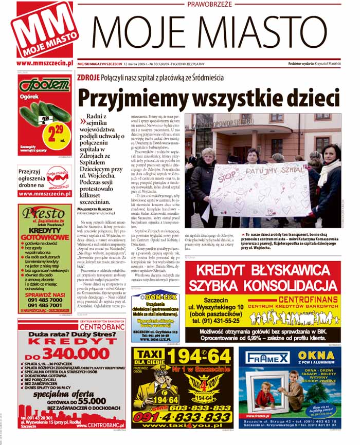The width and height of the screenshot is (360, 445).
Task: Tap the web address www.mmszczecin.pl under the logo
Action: coord(45,63)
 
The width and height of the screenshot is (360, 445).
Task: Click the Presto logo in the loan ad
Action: coord(45,212)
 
